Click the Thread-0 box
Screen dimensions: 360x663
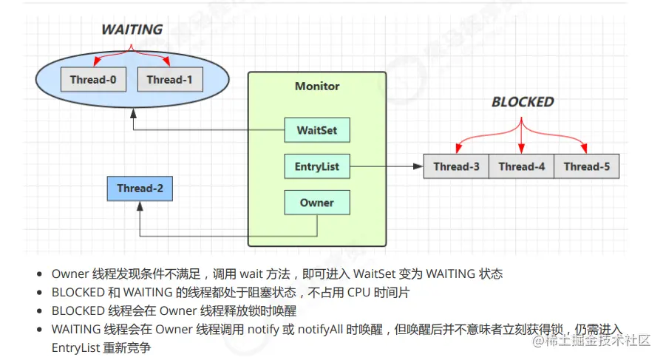(93, 79)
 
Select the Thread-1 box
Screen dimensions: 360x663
(170, 79)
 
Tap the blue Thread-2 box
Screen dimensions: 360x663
(140, 189)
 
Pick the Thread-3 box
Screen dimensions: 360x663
(456, 166)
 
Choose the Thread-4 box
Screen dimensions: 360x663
(521, 166)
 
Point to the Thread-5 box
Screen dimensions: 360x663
(586, 166)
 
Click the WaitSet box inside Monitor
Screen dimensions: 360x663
(317, 130)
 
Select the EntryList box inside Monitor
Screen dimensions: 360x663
(317, 166)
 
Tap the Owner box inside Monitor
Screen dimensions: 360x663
(317, 203)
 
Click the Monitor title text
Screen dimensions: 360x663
(317, 86)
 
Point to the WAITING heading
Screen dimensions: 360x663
(132, 30)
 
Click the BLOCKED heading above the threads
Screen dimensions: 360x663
(523, 102)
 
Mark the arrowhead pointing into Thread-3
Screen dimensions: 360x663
(419, 166)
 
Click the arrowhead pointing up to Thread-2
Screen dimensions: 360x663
(140, 206)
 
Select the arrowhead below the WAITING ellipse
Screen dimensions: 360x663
(133, 113)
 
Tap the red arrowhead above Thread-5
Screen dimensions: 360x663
(586, 149)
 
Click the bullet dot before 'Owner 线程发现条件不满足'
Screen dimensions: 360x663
(40, 274)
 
